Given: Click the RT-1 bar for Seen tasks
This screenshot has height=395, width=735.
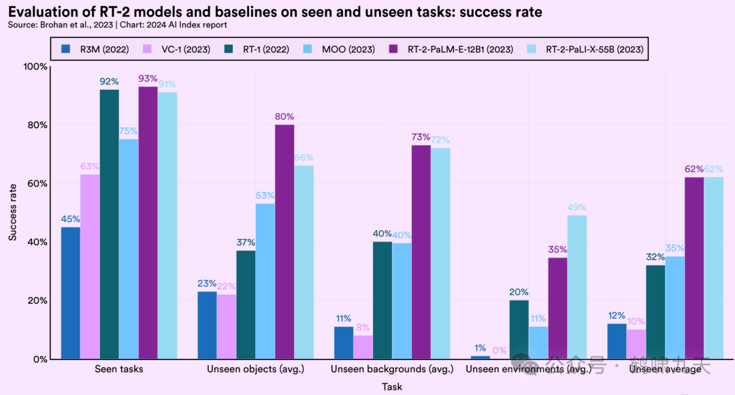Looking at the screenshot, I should tap(109, 224).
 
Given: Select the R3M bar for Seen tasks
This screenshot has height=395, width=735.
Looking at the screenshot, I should tap(70, 293).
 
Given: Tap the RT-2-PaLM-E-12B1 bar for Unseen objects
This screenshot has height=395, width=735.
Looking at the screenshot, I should tap(285, 242).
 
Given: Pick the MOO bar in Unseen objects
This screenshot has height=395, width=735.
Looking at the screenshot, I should tap(265, 281).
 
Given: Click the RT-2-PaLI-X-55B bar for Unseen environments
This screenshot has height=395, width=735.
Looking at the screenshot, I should tap(576, 287).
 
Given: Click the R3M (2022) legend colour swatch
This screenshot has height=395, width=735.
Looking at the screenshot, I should tap(66, 49).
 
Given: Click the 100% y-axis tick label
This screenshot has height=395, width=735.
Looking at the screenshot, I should tap(35, 67).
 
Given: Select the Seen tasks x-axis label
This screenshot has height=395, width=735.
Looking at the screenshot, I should tap(119, 369).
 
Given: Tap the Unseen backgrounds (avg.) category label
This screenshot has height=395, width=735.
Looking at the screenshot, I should tap(392, 369).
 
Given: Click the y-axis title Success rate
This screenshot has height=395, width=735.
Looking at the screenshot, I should tap(13, 212).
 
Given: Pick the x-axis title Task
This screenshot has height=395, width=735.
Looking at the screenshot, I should tap(392, 386).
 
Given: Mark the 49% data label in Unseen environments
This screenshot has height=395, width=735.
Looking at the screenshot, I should tap(576, 208).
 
